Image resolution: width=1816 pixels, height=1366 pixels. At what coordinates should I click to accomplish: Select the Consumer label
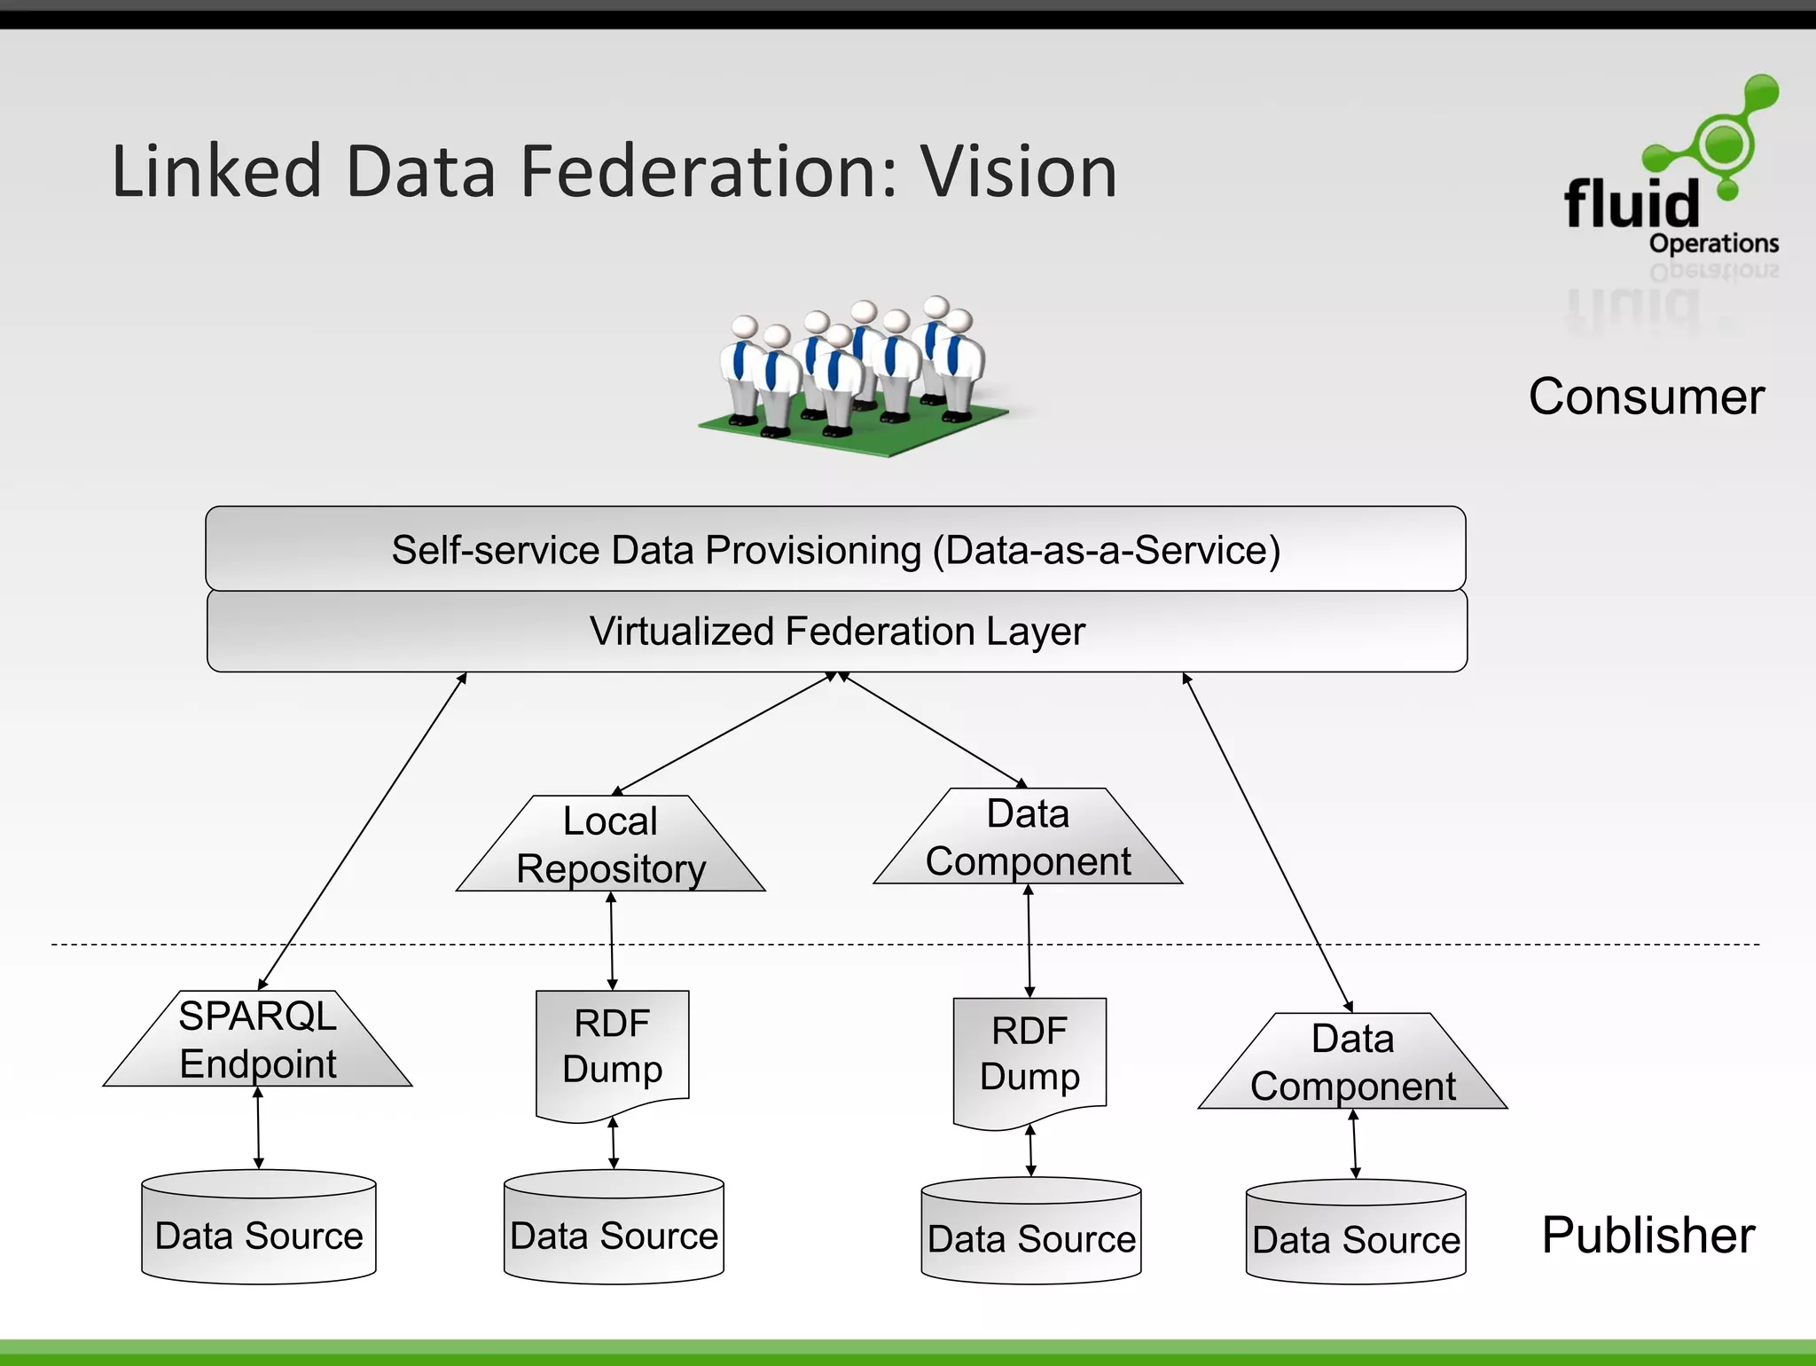[1647, 396]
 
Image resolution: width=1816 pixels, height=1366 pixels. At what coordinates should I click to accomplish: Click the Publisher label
[1648, 1235]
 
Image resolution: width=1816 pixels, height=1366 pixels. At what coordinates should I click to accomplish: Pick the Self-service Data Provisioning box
[835, 549]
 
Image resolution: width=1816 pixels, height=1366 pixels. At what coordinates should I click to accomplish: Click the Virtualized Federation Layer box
[836, 632]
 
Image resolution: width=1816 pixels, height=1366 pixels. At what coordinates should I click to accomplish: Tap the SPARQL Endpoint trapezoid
[258, 1040]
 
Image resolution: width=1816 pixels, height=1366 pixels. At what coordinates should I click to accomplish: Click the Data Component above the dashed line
[1028, 838]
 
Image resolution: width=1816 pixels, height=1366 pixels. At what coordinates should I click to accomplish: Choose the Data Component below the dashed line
[1352, 1063]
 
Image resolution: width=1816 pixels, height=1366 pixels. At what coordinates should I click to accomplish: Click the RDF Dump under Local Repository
[612, 1048]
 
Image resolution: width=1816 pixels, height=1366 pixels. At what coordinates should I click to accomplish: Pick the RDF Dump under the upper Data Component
[1029, 1056]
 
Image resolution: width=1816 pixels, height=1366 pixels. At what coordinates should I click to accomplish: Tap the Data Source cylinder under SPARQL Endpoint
[259, 1229]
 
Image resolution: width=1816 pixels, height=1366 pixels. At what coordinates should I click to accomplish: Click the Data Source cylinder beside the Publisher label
[1355, 1233]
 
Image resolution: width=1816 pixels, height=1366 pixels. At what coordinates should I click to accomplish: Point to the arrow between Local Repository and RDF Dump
[612, 941]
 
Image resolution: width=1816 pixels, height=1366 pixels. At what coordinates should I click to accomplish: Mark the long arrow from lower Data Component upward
[1268, 843]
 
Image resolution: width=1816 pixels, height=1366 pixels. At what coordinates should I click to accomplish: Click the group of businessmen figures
[851, 373]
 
